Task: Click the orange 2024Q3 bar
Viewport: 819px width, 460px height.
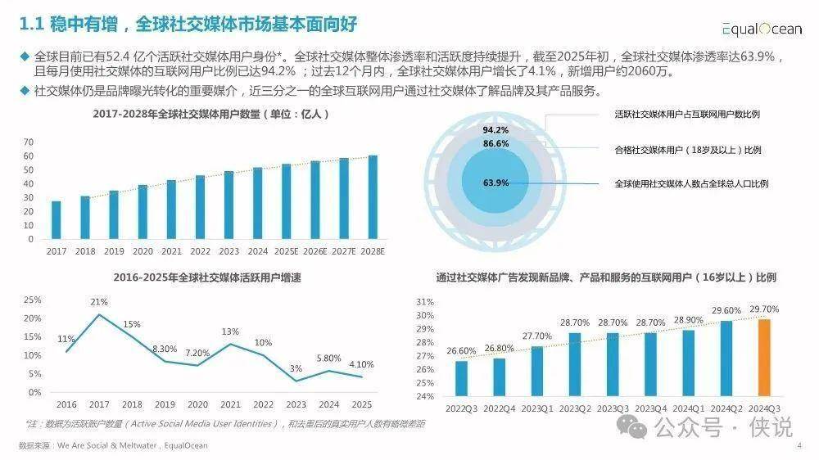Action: (x=764, y=358)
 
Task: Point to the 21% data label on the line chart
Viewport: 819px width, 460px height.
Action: (x=100, y=303)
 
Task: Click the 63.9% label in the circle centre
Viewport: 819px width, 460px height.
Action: (x=496, y=183)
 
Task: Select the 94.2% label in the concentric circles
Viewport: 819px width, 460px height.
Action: (x=495, y=130)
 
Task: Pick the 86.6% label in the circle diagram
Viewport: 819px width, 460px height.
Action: (x=495, y=143)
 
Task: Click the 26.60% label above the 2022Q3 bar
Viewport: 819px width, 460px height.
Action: (x=461, y=351)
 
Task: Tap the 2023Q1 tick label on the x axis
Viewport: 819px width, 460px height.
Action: (x=536, y=408)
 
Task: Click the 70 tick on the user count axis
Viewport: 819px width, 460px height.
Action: (x=29, y=142)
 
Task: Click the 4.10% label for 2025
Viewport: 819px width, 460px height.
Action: (x=360, y=364)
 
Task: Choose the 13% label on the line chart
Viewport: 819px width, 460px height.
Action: (x=230, y=331)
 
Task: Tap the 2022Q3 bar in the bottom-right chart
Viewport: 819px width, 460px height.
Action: (x=462, y=378)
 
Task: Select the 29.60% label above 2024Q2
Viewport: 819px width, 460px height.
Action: (x=726, y=310)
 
